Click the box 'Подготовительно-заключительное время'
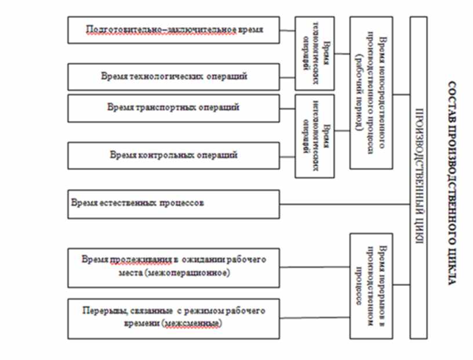[x=173, y=30]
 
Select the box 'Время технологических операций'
[x=173, y=77]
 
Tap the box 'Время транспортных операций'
[x=173, y=108]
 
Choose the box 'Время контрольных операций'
[x=173, y=155]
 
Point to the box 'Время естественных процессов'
[x=173, y=204]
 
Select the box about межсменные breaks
[x=173, y=318]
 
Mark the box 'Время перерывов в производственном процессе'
[x=371, y=285]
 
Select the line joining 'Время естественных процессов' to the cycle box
[x=344, y=204]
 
